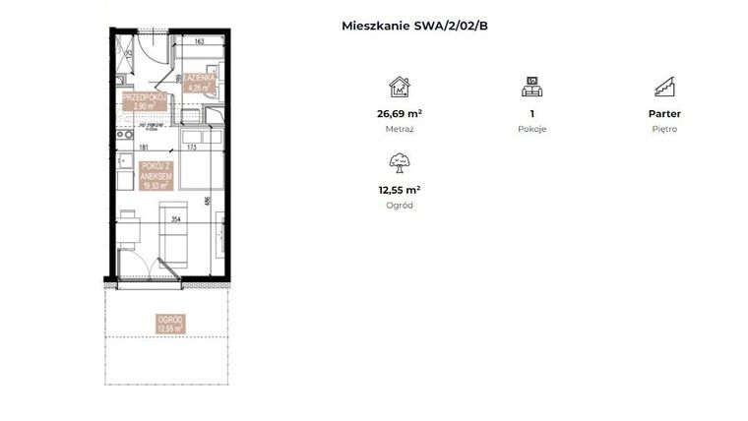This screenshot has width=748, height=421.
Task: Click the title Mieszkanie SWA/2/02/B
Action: click(x=413, y=27)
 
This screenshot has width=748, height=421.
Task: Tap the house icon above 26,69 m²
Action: click(x=399, y=86)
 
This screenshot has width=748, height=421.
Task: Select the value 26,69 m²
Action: click(x=399, y=114)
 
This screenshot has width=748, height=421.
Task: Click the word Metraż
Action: click(x=399, y=129)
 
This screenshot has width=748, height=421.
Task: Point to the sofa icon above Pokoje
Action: click(x=531, y=86)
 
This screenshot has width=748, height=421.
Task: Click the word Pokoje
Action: click(x=531, y=129)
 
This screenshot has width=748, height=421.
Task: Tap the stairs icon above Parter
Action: click(x=664, y=86)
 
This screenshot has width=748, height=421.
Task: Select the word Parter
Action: click(x=664, y=114)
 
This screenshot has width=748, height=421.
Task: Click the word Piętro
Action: click(x=664, y=129)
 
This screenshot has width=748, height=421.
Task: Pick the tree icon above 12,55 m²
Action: click(x=399, y=161)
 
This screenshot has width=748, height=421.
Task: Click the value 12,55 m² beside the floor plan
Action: click(x=399, y=190)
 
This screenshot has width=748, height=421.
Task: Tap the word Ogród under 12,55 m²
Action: click(x=399, y=205)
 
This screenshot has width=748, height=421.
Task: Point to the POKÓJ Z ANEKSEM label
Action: click(x=156, y=174)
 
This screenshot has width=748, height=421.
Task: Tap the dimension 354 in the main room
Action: click(x=176, y=219)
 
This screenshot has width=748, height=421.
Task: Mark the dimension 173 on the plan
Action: click(x=194, y=148)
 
